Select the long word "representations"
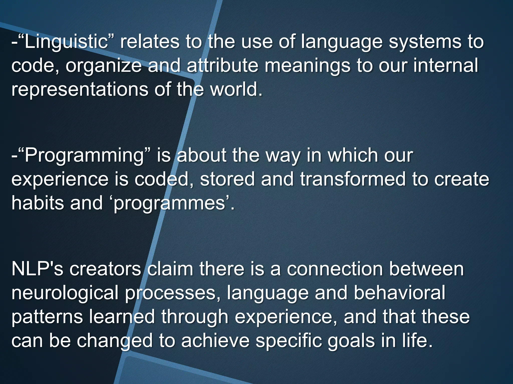pos(80,89)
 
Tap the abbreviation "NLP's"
pos(37,269)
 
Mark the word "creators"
pos(105,269)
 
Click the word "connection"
pos(335,269)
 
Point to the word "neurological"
pos(65,293)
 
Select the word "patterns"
pos(47,316)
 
